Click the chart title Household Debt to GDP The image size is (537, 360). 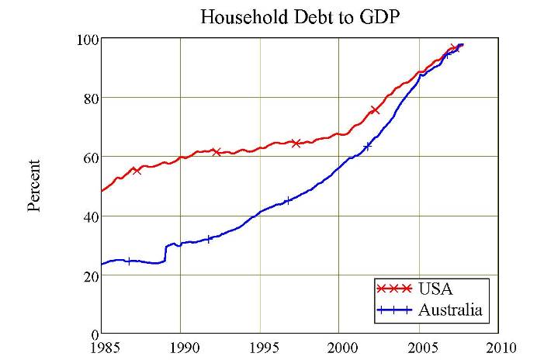(300, 16)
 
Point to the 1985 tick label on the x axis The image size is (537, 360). (102, 346)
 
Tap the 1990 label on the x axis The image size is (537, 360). (182, 346)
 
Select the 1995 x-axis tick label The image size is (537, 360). (262, 346)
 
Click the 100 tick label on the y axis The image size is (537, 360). (85, 40)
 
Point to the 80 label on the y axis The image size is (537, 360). (88, 99)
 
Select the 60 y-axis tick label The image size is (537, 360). (88, 157)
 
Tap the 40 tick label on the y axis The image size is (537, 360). (88, 216)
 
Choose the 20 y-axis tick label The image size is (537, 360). (88, 275)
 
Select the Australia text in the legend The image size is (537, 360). (450, 311)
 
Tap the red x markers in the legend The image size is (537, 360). (393, 289)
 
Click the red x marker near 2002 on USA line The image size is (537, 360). (375, 110)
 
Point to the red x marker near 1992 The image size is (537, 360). (217, 151)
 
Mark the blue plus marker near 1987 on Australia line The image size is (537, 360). (128, 261)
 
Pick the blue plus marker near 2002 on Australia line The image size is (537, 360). (367, 145)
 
